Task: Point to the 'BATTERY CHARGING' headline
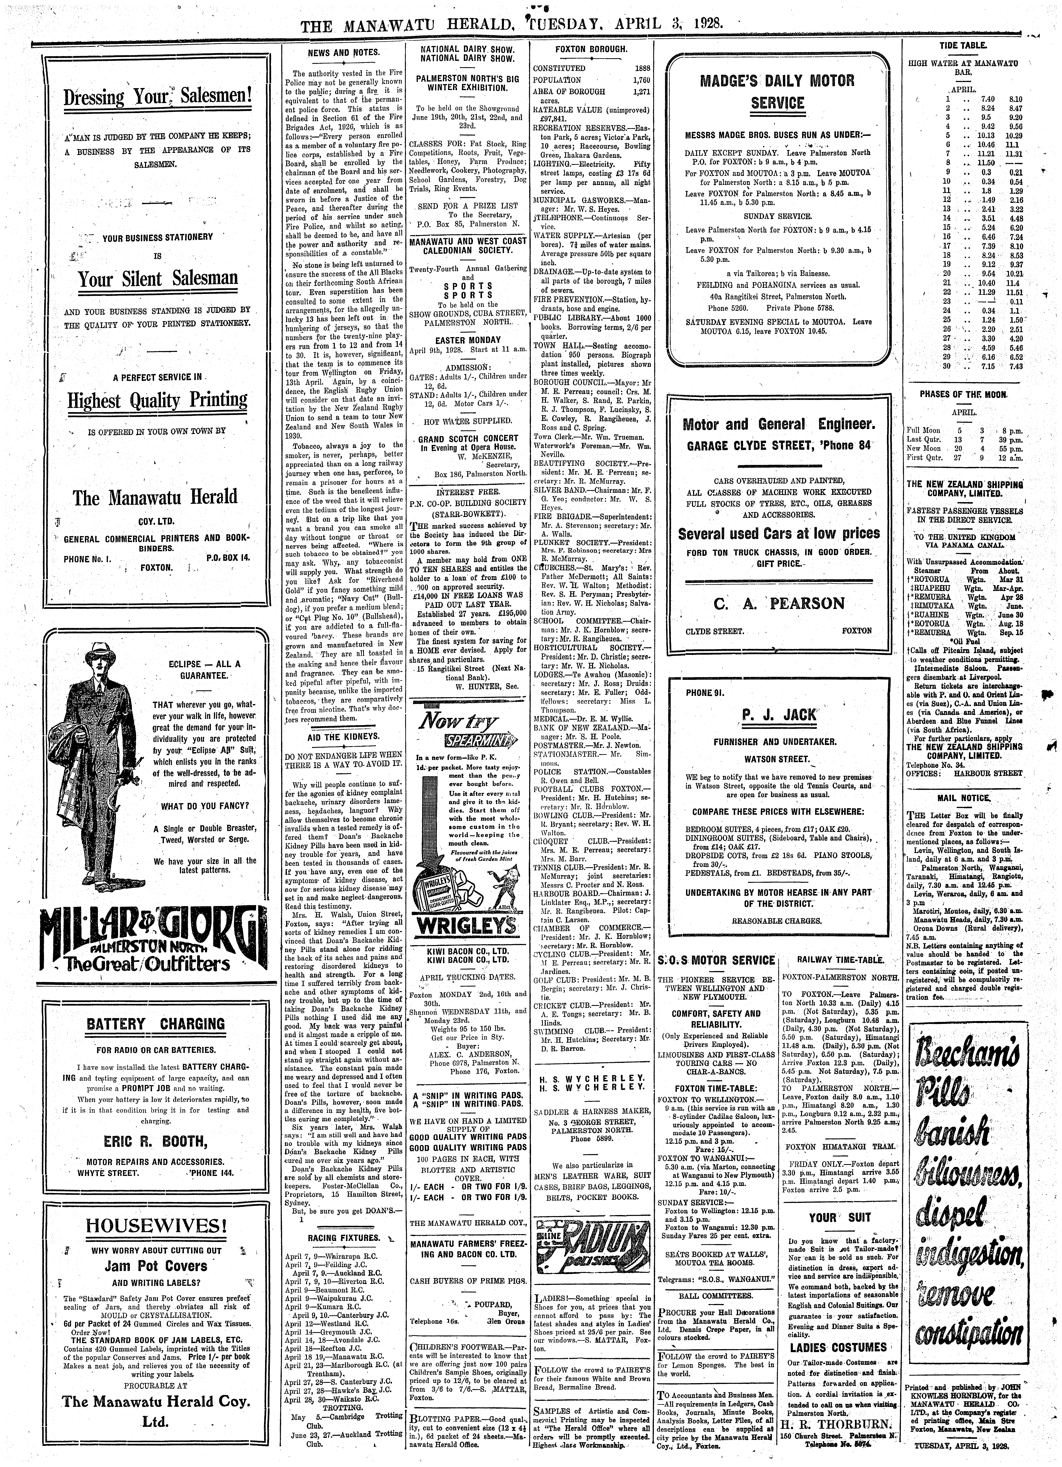(x=156, y=1024)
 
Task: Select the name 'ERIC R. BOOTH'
(x=156, y=1140)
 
